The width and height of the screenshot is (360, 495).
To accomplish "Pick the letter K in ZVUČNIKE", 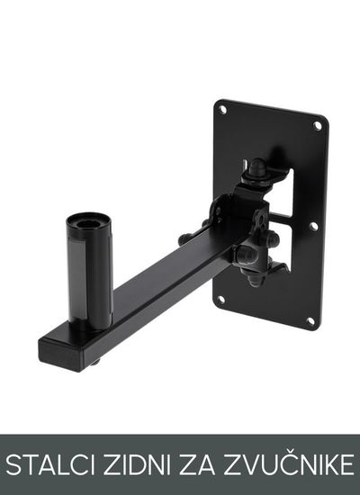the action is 328,464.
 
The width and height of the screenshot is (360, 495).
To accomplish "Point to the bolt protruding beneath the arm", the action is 95,363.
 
